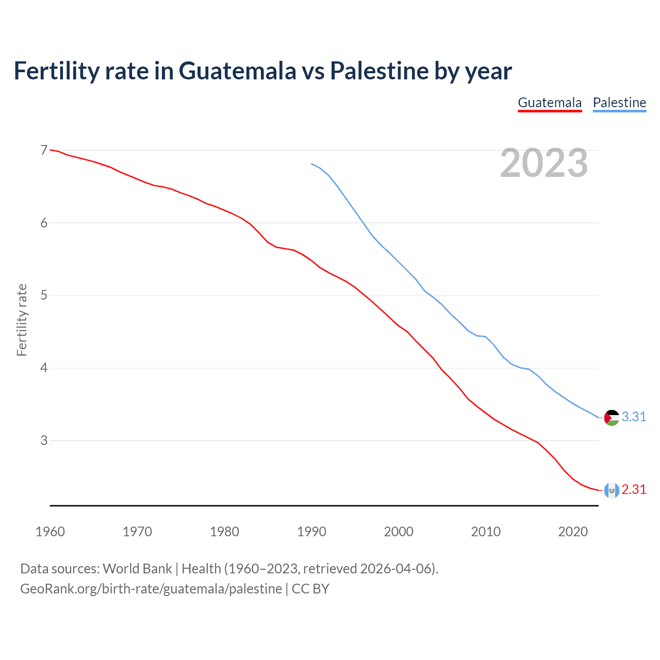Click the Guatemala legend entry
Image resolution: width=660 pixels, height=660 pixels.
[550, 103]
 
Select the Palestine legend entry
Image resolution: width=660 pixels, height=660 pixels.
[619, 103]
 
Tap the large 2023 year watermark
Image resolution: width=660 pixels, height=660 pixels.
[543, 163]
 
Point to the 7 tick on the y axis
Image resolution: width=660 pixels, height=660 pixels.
[44, 150]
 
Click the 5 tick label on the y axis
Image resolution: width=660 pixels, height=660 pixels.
[44, 295]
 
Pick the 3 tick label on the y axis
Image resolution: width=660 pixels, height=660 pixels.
[44, 440]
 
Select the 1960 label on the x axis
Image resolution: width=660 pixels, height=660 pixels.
[50, 532]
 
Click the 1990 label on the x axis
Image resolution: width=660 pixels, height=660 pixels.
[311, 532]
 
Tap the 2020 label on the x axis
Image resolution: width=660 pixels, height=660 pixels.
[573, 532]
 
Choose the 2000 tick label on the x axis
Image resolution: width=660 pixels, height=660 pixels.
[399, 532]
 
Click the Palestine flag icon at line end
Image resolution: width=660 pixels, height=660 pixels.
[612, 417]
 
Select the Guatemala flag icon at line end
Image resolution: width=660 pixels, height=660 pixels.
[612, 490]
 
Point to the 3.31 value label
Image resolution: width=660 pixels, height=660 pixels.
[634, 417]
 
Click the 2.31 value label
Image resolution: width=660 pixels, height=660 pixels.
[634, 489]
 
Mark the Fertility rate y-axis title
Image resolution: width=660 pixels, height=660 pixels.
[22, 320]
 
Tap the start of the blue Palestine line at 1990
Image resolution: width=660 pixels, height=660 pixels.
[311, 164]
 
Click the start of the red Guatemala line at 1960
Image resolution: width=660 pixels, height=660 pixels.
[51, 150]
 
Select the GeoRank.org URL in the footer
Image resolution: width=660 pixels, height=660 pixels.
[151, 589]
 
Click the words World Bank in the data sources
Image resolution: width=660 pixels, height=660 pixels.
[137, 569]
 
